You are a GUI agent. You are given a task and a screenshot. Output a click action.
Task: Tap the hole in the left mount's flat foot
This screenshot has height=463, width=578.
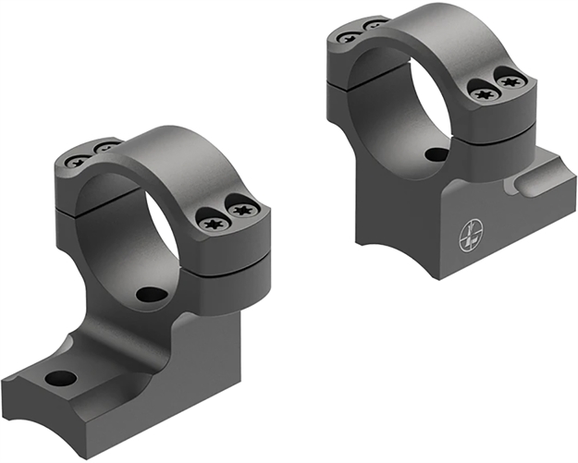click(60, 378)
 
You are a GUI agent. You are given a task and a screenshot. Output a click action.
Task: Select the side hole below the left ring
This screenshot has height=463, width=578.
click(152, 296)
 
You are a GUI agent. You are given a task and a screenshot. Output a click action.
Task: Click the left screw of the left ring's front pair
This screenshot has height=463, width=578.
click(208, 220)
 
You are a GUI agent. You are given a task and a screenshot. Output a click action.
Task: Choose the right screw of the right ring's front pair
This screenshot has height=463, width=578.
click(510, 81)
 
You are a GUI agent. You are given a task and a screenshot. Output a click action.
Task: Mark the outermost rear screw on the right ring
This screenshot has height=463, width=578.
click(349, 37)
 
